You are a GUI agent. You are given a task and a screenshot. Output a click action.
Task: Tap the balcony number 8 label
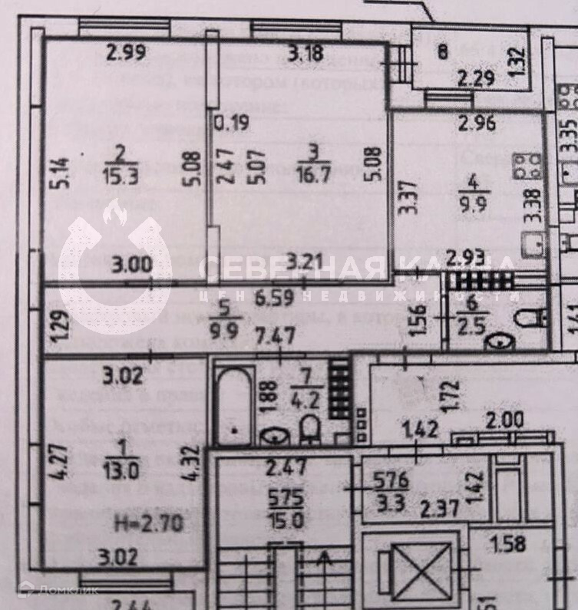pyautogui.click(x=442, y=52)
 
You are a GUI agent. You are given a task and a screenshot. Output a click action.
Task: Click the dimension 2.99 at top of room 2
pyautogui.click(x=126, y=53)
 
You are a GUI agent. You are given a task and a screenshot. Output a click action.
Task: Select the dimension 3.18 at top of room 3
pyautogui.click(x=306, y=53)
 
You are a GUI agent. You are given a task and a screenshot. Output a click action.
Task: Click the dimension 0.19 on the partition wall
pyautogui.click(x=231, y=122)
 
